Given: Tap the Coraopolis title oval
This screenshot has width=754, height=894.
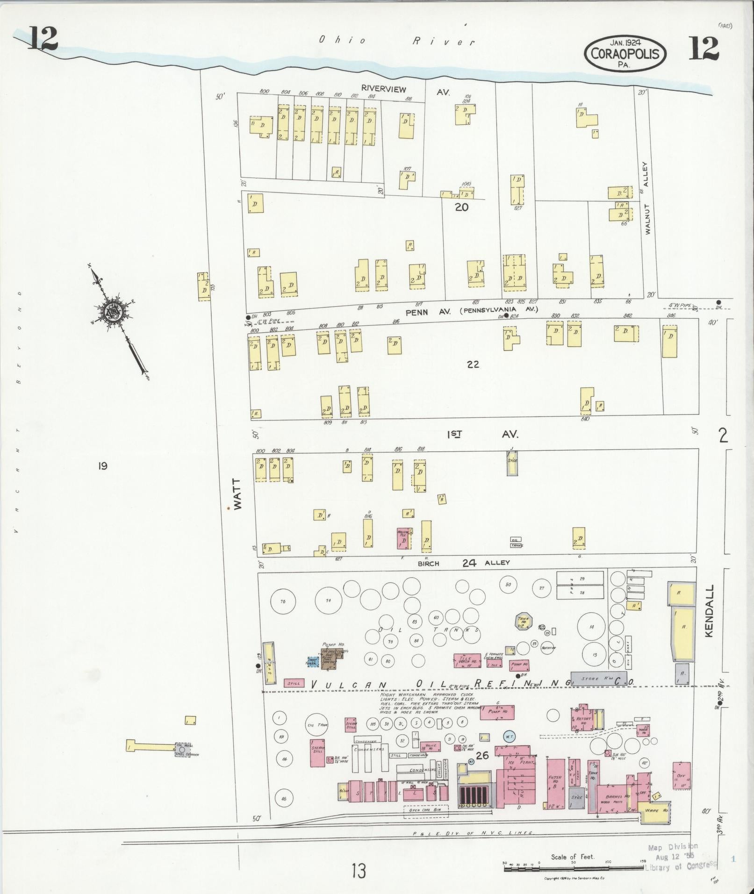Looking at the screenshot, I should [x=625, y=54].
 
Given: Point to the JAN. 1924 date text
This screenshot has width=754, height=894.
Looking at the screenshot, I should [x=625, y=42].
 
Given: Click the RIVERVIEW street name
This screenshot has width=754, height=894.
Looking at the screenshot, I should [x=383, y=89].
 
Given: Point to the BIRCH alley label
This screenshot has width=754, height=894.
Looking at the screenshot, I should [x=428, y=564].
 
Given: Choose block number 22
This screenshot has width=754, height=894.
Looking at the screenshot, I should [x=473, y=364].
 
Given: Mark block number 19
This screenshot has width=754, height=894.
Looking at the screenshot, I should [x=103, y=465].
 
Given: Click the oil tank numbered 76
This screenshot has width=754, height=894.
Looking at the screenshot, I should [x=282, y=601].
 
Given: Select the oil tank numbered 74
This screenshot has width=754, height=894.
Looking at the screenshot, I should [x=328, y=601].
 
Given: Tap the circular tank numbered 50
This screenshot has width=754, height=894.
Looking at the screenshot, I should [x=508, y=584].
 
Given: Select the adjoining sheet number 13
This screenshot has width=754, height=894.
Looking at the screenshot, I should [x=359, y=871].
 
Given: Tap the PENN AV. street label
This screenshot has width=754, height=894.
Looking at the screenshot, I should [x=428, y=312].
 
